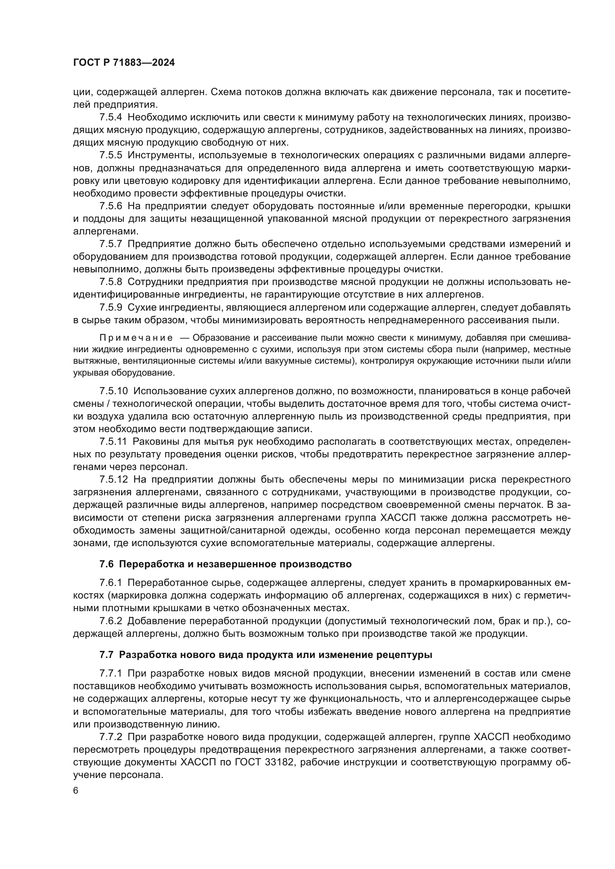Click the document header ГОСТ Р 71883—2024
click(124, 63)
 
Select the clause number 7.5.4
click(111, 117)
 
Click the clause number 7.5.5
click(111, 155)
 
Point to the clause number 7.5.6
click(111, 206)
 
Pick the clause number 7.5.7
click(111, 244)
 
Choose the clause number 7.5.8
click(111, 282)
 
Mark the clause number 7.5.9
click(111, 307)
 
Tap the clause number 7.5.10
click(114, 391)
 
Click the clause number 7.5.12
click(114, 480)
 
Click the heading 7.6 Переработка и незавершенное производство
click(225, 564)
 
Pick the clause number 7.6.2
click(111, 621)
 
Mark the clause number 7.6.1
click(111, 583)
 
